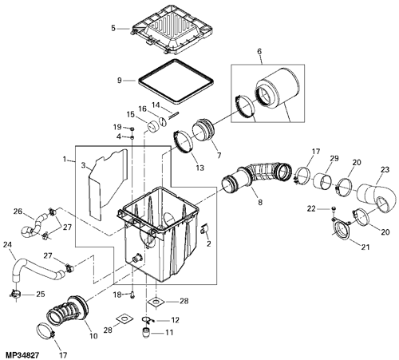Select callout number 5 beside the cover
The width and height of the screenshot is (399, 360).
(113, 28)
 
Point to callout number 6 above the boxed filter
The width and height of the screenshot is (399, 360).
(259, 51)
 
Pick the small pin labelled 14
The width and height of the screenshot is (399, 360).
(173, 115)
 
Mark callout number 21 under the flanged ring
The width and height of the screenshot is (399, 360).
(365, 247)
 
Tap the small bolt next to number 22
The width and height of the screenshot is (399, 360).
(333, 208)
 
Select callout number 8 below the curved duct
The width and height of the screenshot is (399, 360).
(260, 203)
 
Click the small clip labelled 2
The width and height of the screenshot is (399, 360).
(204, 228)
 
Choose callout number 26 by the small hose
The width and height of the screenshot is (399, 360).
(18, 212)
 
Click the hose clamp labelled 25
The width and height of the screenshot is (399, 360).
(16, 294)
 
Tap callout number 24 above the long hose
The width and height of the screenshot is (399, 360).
(7, 244)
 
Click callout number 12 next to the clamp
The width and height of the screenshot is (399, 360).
(175, 320)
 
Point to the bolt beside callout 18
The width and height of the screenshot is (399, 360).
(132, 295)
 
